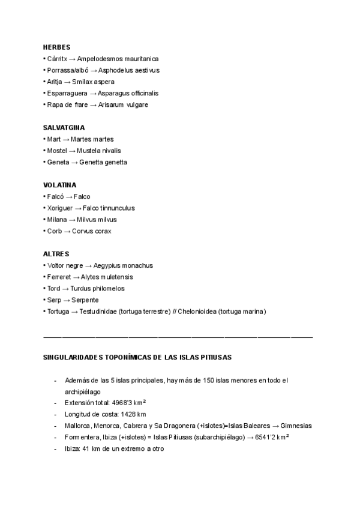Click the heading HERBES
[57, 47]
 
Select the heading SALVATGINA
[64, 128]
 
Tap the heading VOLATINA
[60, 185]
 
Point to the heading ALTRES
[56, 254]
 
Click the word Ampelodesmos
[98, 59]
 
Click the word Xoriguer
[60, 208]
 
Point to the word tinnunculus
[118, 208]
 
